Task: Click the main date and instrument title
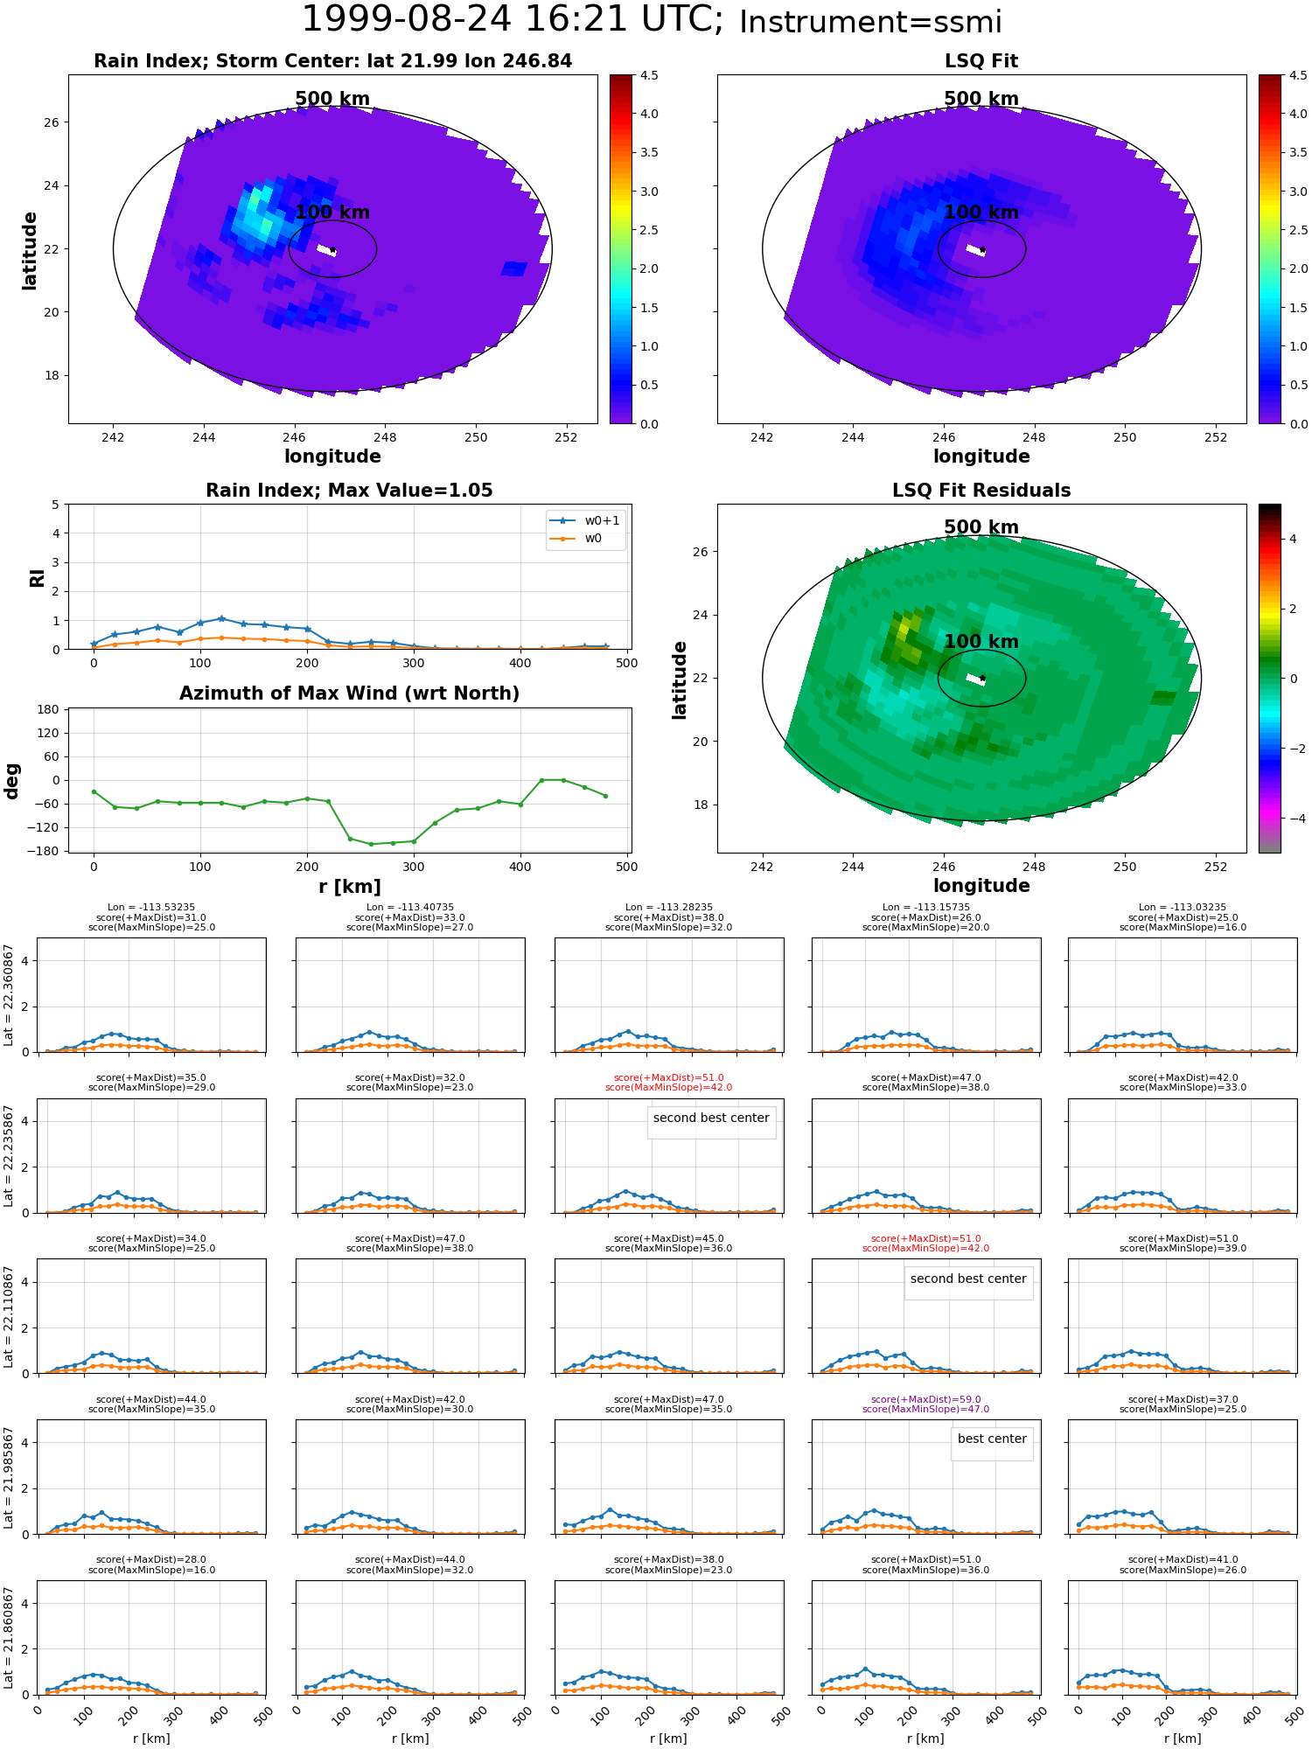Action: (x=652, y=20)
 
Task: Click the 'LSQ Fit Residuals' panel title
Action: (x=981, y=491)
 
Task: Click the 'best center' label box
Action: (x=992, y=1439)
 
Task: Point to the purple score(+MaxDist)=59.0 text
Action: (x=926, y=1399)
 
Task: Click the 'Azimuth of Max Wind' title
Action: (x=349, y=693)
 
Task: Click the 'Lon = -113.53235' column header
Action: (x=151, y=908)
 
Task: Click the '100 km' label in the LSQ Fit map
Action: (x=981, y=213)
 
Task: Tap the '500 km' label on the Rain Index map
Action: (x=332, y=99)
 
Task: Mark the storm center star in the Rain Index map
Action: (x=332, y=250)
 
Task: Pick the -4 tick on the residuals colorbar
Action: (x=1293, y=819)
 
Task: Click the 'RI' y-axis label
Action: (x=37, y=577)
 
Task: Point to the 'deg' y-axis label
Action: (x=11, y=780)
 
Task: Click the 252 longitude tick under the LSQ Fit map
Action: (x=1216, y=437)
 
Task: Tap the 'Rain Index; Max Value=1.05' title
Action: (x=349, y=491)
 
